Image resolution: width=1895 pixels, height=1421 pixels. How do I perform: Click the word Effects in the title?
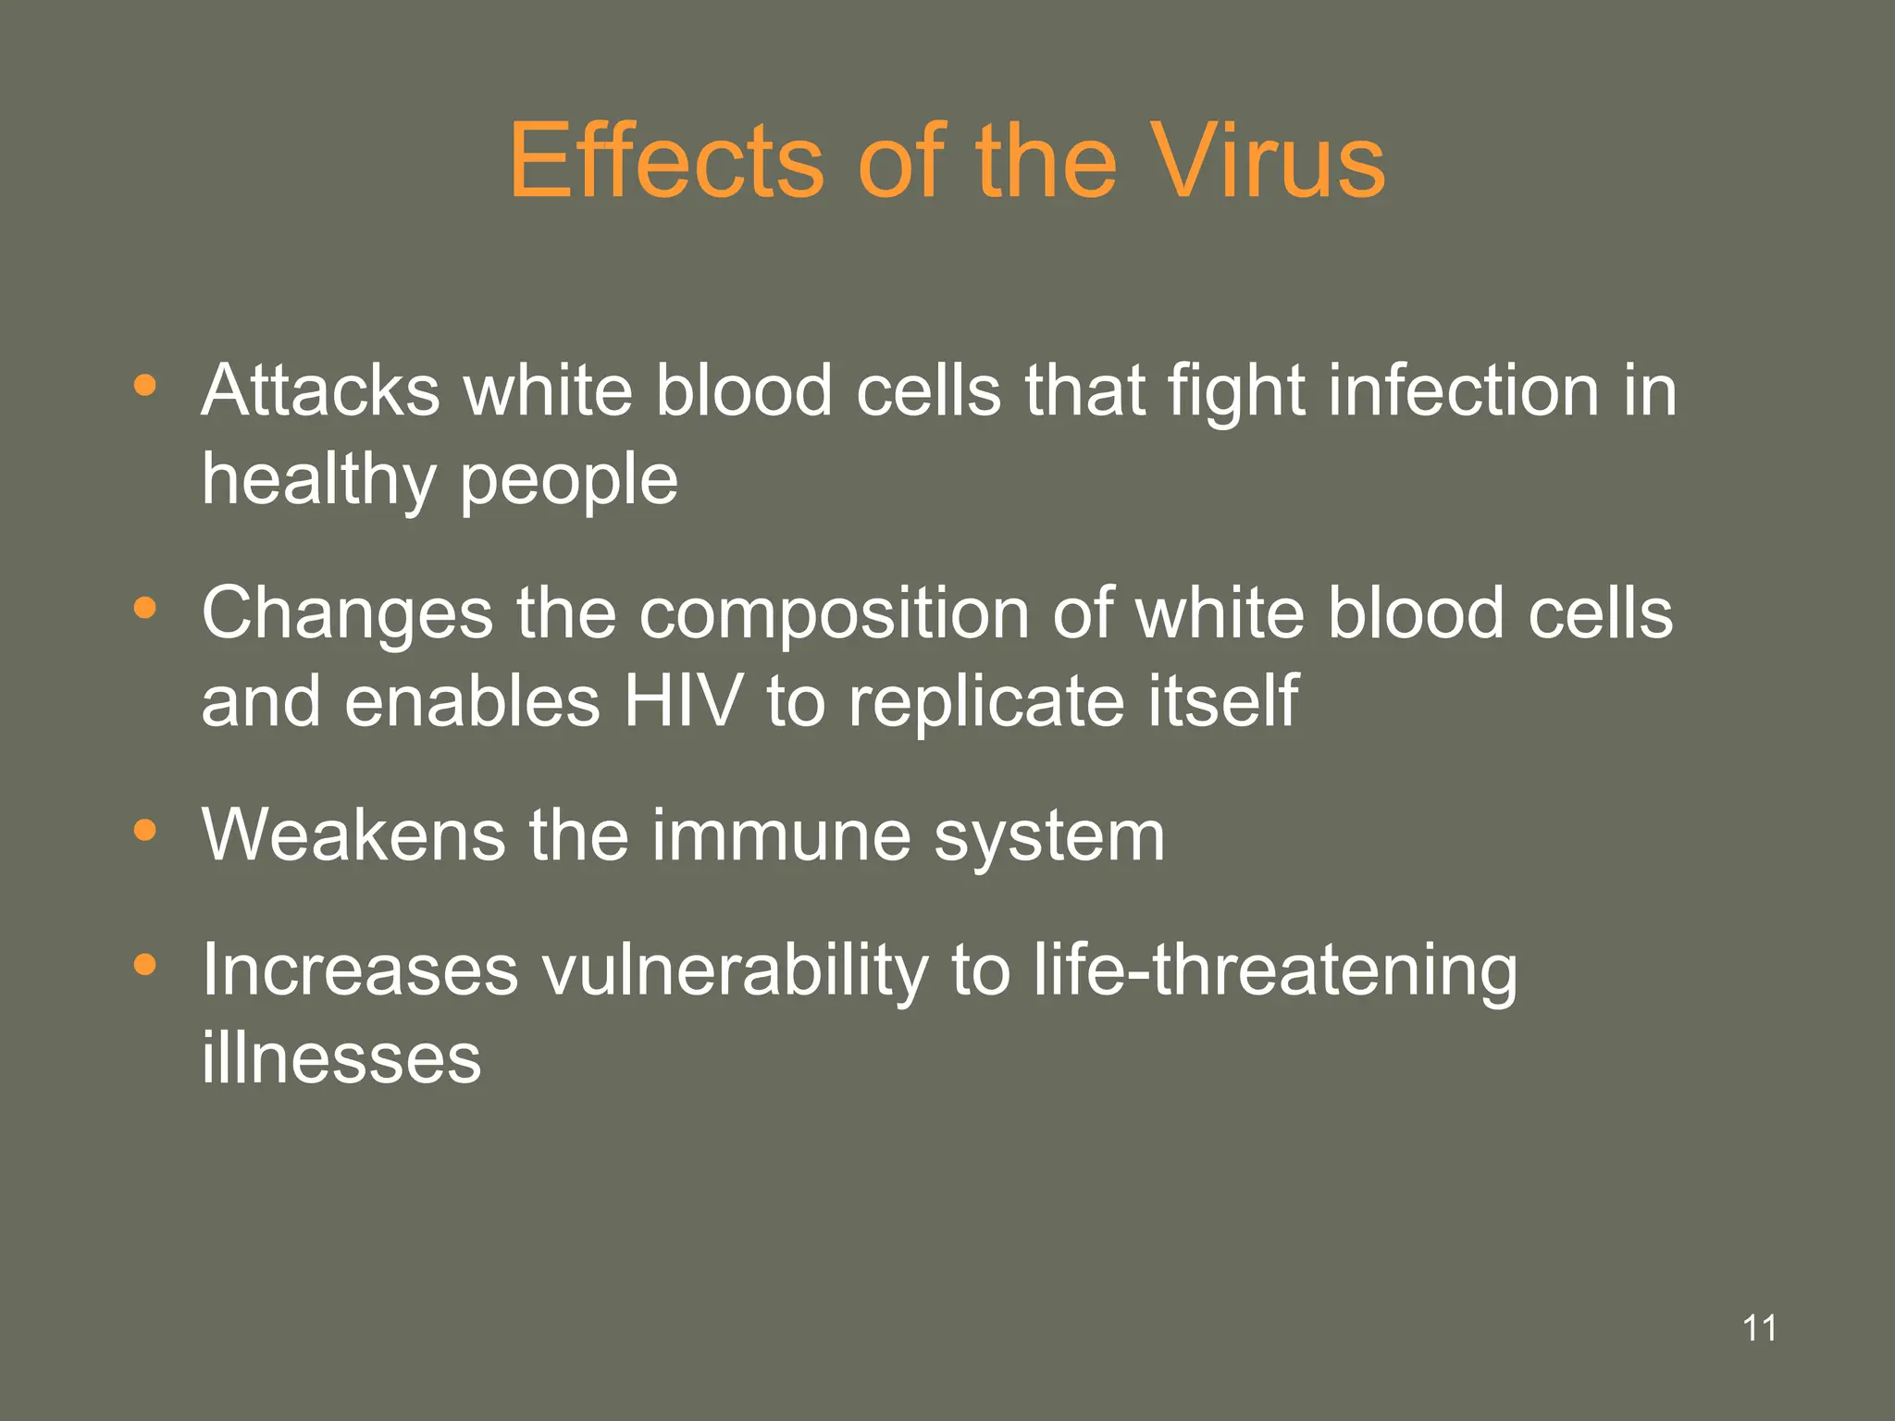tap(666, 162)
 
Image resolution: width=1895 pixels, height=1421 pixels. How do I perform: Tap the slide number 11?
tap(1759, 1328)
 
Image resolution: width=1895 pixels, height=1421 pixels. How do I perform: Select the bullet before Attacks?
tap(144, 386)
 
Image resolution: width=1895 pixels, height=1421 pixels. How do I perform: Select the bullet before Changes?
tap(144, 609)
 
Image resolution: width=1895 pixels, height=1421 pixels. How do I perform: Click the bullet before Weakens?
tap(144, 831)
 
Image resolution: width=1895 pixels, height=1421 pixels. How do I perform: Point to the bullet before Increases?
tap(144, 965)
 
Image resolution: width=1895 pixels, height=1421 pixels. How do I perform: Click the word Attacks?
tap(320, 390)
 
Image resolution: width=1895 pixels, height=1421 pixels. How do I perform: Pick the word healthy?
tap(318, 481)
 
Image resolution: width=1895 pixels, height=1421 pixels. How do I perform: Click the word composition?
tap(834, 614)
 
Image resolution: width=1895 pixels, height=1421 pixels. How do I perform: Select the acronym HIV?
tap(683, 701)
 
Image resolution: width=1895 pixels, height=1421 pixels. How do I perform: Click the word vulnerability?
tap(735, 971)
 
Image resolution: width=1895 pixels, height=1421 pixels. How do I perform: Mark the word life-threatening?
tap(1275, 971)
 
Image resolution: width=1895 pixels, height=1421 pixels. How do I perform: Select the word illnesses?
tap(341, 1058)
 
